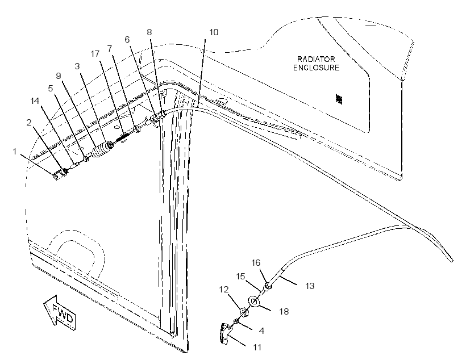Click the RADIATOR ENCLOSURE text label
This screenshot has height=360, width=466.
pyautogui.click(x=316, y=63)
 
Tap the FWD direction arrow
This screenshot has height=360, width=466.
pyautogui.click(x=60, y=312)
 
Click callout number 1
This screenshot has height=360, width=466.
pyautogui.click(x=15, y=152)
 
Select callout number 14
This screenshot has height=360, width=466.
pyautogui.click(x=35, y=101)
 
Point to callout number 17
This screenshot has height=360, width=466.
pyautogui.click(x=95, y=54)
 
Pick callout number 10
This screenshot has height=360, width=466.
pyautogui.click(x=214, y=32)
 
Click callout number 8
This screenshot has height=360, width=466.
pyautogui.click(x=149, y=32)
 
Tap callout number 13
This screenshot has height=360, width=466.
pyautogui.click(x=310, y=286)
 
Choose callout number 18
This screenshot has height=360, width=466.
pyautogui.click(x=284, y=311)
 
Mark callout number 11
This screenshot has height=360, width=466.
pyautogui.click(x=257, y=347)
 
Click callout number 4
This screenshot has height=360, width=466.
pyautogui.click(x=261, y=330)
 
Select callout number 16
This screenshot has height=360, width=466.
pyautogui.click(x=256, y=262)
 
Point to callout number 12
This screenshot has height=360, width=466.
pyautogui.click(x=224, y=289)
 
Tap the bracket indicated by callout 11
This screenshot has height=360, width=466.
pyautogui.click(x=226, y=333)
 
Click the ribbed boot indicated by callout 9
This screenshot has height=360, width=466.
pyautogui.click(x=100, y=151)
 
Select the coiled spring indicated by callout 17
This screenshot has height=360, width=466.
pyautogui.click(x=122, y=137)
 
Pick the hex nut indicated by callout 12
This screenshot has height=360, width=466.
pyautogui.click(x=244, y=312)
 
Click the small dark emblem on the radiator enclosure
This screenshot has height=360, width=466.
pyautogui.click(x=339, y=99)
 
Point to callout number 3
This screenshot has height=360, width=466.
pyautogui.click(x=77, y=66)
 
